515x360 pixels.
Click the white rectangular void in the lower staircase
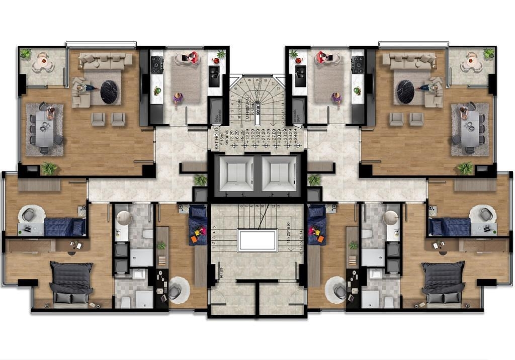pyautogui.click(x=257, y=240)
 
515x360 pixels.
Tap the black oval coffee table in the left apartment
pyautogui.click(x=109, y=91)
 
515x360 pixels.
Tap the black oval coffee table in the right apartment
pyautogui.click(x=406, y=91)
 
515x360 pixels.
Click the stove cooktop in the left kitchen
pyautogui.click(x=157, y=65)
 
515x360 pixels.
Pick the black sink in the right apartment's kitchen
pyautogui.click(x=301, y=76)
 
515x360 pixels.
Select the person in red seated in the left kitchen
pyautogui.click(x=192, y=57)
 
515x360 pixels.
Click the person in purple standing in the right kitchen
pyautogui.click(x=336, y=98)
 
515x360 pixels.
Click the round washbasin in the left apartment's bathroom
pyautogui.click(x=124, y=217)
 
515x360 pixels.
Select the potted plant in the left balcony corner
pyautogui.click(x=26, y=53)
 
